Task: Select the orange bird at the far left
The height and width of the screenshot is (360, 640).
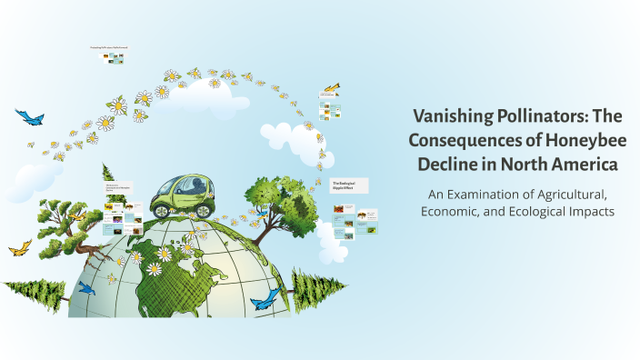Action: click(x=20, y=247)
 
